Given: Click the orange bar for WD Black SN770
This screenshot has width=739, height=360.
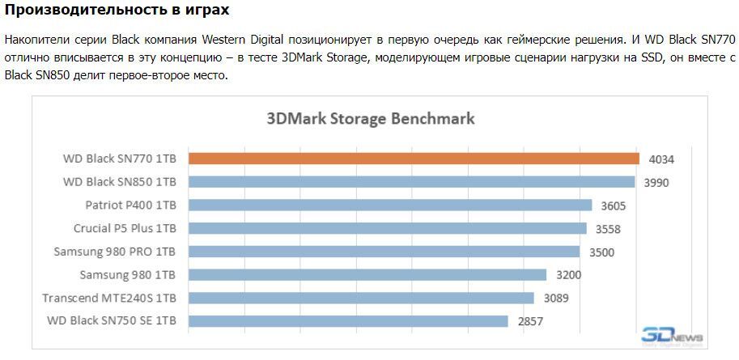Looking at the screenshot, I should [413, 159].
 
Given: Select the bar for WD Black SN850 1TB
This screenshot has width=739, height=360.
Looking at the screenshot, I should [410, 182].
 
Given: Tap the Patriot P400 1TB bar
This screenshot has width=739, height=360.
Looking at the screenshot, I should [389, 205].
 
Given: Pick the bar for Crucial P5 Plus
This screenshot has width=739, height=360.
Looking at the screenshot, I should [387, 228].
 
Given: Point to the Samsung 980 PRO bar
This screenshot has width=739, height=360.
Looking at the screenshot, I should [384, 252].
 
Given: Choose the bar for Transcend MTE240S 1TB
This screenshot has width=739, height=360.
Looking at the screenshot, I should [360, 298].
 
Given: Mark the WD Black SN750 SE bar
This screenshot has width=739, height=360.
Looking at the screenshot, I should [348, 321].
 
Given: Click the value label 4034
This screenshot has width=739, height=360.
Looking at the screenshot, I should [660, 159].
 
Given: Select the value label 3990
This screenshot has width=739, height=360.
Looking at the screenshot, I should [656, 182].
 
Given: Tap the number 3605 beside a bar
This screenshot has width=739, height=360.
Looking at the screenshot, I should [613, 205].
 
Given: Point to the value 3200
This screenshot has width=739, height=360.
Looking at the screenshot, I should [568, 275].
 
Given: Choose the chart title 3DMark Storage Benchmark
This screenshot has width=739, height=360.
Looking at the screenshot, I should [371, 118].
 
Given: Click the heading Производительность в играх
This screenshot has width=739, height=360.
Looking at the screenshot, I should [117, 11].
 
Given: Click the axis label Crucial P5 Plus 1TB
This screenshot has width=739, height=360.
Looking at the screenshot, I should [125, 228].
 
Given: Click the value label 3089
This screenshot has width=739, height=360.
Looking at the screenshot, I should [555, 298].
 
